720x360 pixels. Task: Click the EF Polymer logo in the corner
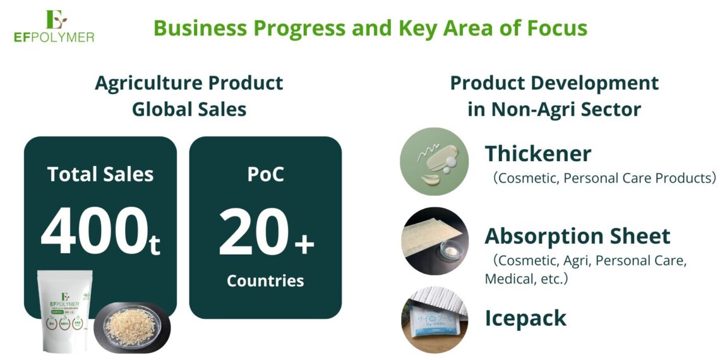[x=54, y=26]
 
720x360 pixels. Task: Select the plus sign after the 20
[x=304, y=243]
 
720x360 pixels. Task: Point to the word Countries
[x=265, y=280]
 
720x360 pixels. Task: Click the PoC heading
[x=265, y=174]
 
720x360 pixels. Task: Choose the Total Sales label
[x=100, y=174]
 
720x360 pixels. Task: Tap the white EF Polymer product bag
[x=64, y=311]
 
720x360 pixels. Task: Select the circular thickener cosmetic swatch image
[x=435, y=162]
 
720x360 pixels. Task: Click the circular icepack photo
[x=435, y=320]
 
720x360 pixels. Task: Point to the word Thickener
[x=538, y=153]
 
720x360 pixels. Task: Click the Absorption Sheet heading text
[x=577, y=236]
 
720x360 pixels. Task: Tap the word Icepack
[x=525, y=318]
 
